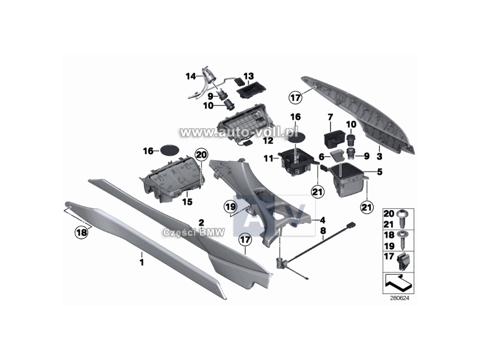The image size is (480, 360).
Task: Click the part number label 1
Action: click(x=142, y=262)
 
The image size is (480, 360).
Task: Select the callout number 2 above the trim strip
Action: click(x=201, y=223)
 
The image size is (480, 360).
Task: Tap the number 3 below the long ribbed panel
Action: click(x=379, y=157)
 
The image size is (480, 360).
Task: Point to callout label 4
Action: click(x=322, y=220)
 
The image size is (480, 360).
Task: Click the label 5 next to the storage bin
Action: click(x=380, y=172)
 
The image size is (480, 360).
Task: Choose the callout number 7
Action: click(x=331, y=117)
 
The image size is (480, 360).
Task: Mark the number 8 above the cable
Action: click(x=323, y=230)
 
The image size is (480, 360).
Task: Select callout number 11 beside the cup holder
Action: click(x=268, y=158)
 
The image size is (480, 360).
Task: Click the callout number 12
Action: click(x=268, y=140)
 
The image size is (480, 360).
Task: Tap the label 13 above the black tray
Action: click(x=248, y=76)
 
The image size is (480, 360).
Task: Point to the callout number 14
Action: click(x=191, y=76)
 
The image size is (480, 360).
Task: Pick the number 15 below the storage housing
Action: click(x=187, y=202)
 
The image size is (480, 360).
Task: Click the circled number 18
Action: click(x=82, y=232)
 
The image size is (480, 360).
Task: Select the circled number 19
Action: click(x=230, y=206)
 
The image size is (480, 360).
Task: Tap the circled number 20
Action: click(x=201, y=155)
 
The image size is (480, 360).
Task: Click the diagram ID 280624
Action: click(x=399, y=298)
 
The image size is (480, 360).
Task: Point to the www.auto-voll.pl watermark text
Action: click(x=239, y=132)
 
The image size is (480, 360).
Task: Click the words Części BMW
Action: click(x=194, y=232)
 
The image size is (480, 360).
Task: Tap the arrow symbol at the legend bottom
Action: click(x=398, y=283)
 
